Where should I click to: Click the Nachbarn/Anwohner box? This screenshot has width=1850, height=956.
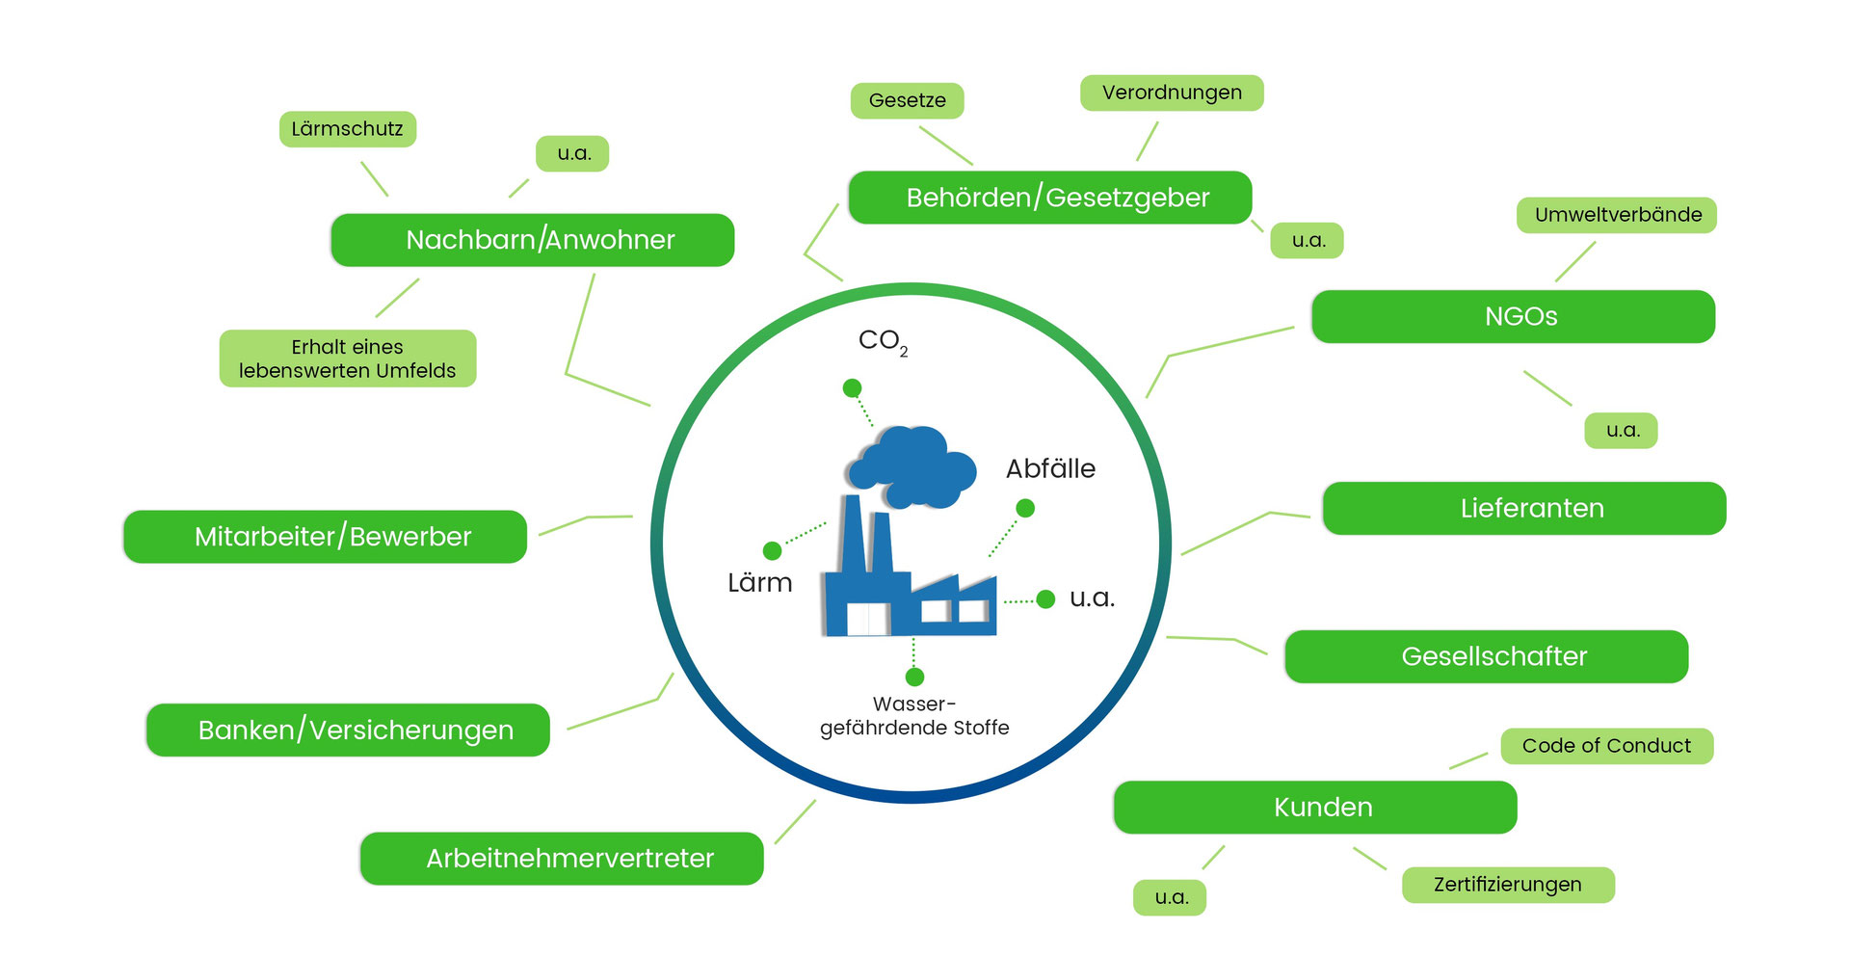(x=532, y=240)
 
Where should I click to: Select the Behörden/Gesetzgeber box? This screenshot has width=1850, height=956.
(x=1050, y=198)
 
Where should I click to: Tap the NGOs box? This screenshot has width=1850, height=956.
(x=1513, y=316)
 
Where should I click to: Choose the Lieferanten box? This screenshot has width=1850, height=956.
(x=1524, y=508)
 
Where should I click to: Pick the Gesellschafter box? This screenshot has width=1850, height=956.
(x=1487, y=656)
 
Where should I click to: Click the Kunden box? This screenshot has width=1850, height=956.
(x=1315, y=807)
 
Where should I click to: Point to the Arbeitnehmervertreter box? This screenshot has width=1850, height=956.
(x=562, y=858)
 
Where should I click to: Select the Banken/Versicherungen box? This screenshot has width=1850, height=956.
(x=348, y=730)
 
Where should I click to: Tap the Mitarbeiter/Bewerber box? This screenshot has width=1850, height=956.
(x=325, y=536)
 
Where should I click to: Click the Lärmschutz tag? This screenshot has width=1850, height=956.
(x=348, y=129)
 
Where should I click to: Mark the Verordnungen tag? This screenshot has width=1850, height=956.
(x=1172, y=93)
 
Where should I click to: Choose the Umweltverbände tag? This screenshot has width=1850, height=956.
(x=1617, y=215)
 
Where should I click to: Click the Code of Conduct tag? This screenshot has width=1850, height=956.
(x=1606, y=746)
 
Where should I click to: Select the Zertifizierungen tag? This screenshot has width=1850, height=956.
(x=1508, y=885)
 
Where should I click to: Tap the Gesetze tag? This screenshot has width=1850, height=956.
(x=907, y=100)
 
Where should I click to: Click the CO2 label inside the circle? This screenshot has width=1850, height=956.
(x=882, y=341)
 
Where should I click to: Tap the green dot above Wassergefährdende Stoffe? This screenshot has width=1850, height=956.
(x=914, y=677)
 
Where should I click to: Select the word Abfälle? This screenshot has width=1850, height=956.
(x=1050, y=469)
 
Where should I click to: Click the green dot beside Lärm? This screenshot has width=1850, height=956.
(x=772, y=550)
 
